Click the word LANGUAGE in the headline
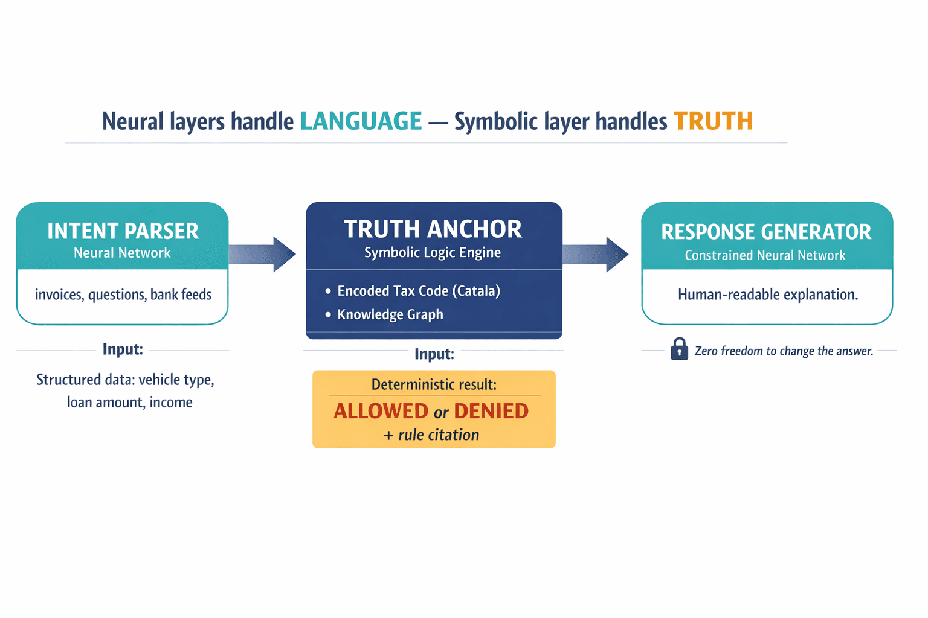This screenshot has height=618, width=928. click(x=361, y=121)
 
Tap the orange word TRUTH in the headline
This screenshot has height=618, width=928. click(x=713, y=121)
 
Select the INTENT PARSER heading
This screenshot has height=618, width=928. click(x=123, y=231)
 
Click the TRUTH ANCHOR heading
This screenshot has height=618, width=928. click(x=433, y=229)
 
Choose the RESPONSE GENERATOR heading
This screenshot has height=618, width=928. click(x=766, y=232)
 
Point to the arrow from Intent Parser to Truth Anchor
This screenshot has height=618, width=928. click(x=263, y=254)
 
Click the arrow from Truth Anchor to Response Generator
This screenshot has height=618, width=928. click(x=596, y=254)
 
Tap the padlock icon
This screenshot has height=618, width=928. click(x=679, y=349)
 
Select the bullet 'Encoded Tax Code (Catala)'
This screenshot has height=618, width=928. click(x=418, y=291)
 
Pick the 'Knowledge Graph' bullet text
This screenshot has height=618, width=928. click(x=390, y=314)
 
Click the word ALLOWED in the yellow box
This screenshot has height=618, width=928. click(x=381, y=411)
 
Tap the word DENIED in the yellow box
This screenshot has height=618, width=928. click(x=491, y=411)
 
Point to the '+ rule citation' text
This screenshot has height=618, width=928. click(x=431, y=435)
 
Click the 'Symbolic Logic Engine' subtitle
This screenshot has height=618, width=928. click(x=433, y=252)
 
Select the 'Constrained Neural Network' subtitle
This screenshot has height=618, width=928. click(x=765, y=255)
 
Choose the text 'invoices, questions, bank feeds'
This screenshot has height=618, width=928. click(x=123, y=295)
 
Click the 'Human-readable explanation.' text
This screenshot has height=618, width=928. click(x=767, y=295)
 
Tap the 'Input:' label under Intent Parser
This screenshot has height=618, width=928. click(x=123, y=349)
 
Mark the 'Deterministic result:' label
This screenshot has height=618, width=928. click(x=434, y=384)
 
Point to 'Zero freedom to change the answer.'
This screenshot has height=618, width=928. click(x=784, y=351)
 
